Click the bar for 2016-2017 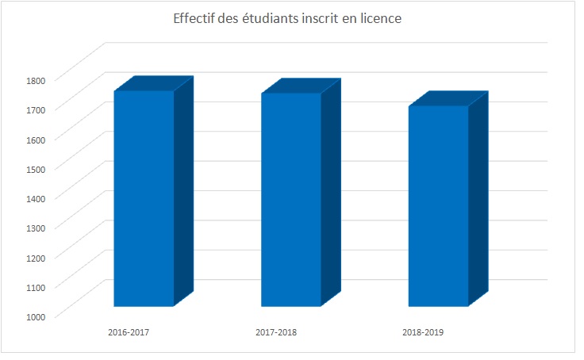coord(144,198)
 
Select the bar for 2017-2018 coord(290,200)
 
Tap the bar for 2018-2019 coord(438,206)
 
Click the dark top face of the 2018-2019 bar coord(448,98)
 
